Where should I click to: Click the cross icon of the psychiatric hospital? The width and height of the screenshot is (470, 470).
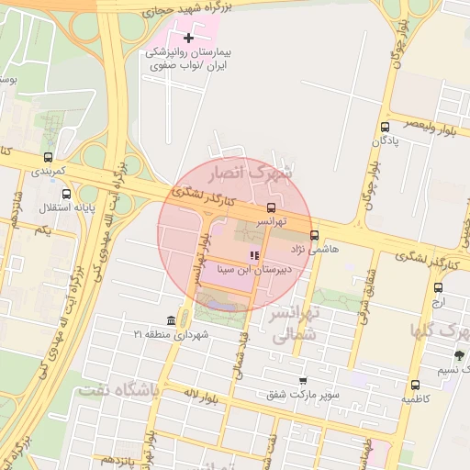189,38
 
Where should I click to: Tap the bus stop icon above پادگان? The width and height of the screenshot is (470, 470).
384,128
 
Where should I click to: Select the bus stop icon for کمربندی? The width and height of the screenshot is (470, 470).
48,157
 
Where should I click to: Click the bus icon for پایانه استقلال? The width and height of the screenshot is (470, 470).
66,194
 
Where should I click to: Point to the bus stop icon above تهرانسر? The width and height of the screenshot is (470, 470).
271,207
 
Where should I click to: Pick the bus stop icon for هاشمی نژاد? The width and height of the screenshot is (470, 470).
315,234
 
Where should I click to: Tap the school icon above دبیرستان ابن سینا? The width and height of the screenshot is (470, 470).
253,255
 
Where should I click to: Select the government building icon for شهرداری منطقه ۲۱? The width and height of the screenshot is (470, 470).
172,319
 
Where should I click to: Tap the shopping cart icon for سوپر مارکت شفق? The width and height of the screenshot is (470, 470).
303,381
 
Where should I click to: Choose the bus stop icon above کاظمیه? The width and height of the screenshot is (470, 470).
416,386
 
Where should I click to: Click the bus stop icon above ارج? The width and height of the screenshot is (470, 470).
438,287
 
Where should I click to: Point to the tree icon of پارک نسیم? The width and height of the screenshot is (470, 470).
459,355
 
